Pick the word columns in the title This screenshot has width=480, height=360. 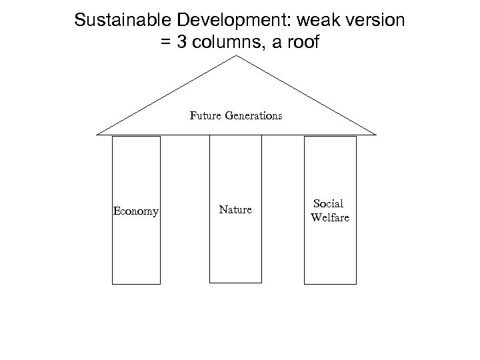click(x=226, y=43)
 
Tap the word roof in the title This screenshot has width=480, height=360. click(x=303, y=43)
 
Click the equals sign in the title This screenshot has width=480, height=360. click(x=166, y=43)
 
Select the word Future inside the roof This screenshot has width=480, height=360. click(x=204, y=115)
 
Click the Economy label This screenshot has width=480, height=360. click(x=136, y=211)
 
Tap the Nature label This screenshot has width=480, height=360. click(x=235, y=210)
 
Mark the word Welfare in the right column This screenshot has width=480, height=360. click(x=329, y=217)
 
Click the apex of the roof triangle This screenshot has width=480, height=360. click(x=238, y=56)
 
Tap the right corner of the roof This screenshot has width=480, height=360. click(x=376, y=134)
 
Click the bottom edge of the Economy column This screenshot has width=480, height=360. click(x=136, y=284)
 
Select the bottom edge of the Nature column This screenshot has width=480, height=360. click(x=235, y=283)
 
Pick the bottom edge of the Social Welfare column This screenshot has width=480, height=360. click(x=329, y=284)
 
